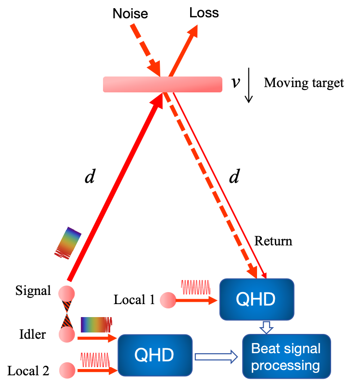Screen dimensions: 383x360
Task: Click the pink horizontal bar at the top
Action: (163, 84)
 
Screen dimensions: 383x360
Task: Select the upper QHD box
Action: (256, 299)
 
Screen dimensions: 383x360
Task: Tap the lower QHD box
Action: (154, 355)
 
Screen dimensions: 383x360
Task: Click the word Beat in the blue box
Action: (265, 348)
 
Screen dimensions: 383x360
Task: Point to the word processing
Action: (285, 366)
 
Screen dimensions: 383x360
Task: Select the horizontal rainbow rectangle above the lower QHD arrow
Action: (96, 325)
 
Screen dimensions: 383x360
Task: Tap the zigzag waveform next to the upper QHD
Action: (195, 287)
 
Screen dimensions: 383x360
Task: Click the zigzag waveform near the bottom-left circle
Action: (95, 360)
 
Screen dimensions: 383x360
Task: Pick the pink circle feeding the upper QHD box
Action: (168, 300)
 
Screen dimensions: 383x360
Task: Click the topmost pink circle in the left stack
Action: (66, 294)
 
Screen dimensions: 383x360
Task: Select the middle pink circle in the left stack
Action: (66, 334)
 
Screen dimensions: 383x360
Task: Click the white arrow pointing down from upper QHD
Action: (266, 328)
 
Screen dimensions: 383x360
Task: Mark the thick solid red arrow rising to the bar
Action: (116, 188)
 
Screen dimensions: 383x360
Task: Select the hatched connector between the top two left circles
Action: (66, 314)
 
